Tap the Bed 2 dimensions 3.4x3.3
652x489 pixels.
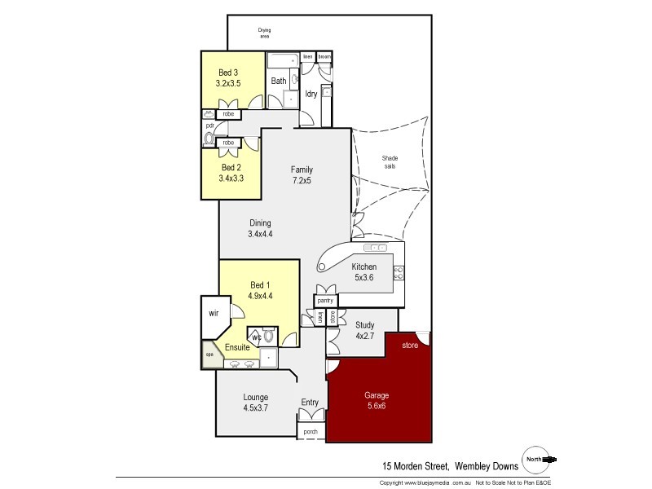232,178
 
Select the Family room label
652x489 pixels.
302,170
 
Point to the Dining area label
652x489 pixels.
260,223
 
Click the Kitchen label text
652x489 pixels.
363,267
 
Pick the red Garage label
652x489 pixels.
376,395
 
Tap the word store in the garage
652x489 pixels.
409,346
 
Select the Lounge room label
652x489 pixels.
255,397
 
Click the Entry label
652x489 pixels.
310,402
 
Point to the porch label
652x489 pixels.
310,431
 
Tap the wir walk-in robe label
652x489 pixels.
214,312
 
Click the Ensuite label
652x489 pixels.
237,347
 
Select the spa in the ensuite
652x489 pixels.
209,356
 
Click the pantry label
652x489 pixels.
325,301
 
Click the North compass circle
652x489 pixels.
535,460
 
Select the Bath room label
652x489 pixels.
279,81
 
